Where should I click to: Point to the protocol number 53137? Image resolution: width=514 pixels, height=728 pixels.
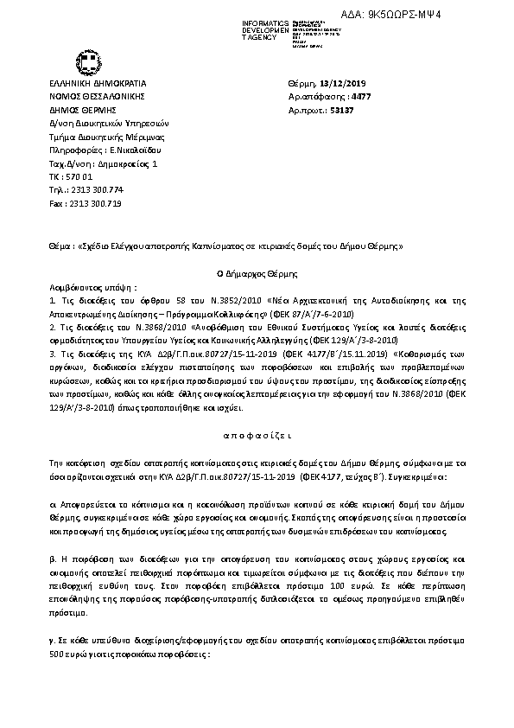[340, 112]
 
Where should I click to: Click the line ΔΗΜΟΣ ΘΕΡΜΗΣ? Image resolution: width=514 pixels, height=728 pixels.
[77, 111]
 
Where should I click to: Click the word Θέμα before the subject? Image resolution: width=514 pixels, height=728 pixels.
[59, 246]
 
